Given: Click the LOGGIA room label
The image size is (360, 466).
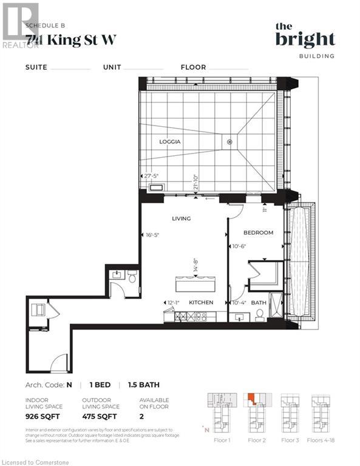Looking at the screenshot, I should pyautogui.click(x=171, y=142).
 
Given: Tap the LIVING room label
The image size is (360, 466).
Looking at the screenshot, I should pyautogui.click(x=181, y=218).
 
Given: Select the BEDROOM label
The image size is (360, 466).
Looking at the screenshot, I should pyautogui.click(x=258, y=232).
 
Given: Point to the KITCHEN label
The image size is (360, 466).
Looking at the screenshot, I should pyautogui.click(x=200, y=302).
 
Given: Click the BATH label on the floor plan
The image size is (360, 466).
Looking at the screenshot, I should pyautogui.click(x=259, y=302).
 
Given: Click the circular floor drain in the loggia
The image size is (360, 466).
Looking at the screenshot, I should pyautogui.click(x=229, y=142).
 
